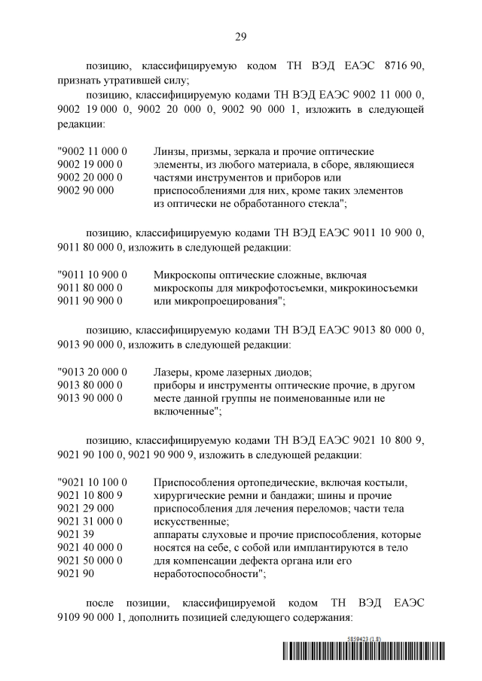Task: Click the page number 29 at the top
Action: coord(241,35)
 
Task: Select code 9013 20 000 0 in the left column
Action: coord(92,372)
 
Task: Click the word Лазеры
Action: coord(172,372)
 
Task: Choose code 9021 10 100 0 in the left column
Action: coord(92,482)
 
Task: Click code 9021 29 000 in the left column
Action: coord(85,508)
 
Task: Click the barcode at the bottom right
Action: coord(363,652)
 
